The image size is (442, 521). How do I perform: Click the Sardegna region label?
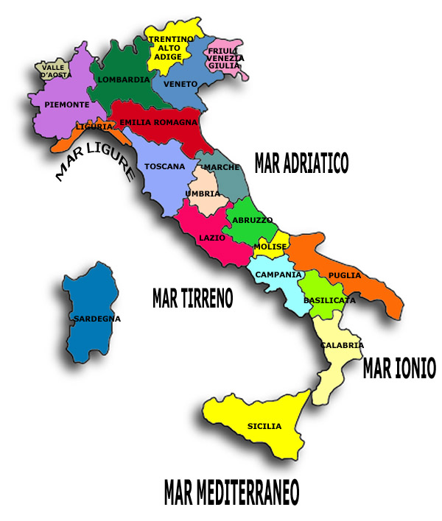pyautogui.click(x=97, y=319)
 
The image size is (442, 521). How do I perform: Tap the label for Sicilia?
pyautogui.click(x=264, y=426)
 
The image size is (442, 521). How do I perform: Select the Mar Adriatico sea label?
pyautogui.click(x=301, y=163)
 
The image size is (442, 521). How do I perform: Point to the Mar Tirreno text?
pyautogui.click(x=192, y=298)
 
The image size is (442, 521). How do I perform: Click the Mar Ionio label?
pyautogui.click(x=399, y=368)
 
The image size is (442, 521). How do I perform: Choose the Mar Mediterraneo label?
pyautogui.click(x=232, y=491)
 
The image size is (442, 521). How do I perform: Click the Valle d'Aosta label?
pyautogui.click(x=57, y=71)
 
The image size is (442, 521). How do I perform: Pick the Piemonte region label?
pyautogui.click(x=66, y=104)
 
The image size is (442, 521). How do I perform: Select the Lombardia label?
pyautogui.click(x=124, y=79)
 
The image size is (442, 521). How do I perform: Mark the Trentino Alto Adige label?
pyautogui.click(x=170, y=47)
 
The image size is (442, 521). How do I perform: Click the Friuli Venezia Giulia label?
pyautogui.click(x=225, y=57)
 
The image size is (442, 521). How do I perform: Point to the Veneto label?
pyautogui.click(x=181, y=84)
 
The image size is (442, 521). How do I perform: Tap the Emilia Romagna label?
pyautogui.click(x=158, y=122)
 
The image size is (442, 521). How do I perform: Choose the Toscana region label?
pyautogui.click(x=165, y=166)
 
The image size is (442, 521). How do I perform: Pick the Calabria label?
pyautogui.click(x=342, y=344)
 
